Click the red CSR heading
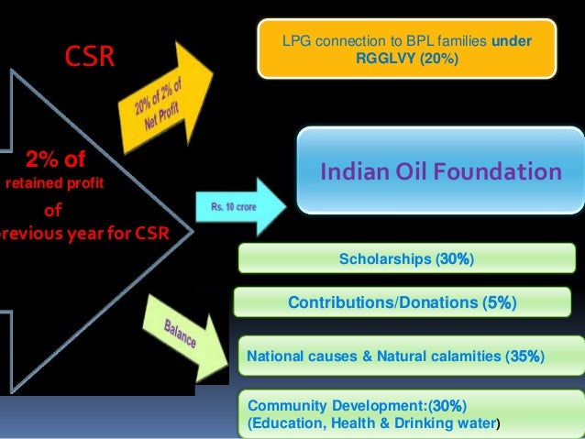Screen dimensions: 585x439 [x=89, y=59]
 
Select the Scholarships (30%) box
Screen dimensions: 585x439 [x=406, y=259]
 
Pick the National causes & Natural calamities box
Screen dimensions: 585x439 [x=397, y=356]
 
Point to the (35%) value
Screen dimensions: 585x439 [x=525, y=356]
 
